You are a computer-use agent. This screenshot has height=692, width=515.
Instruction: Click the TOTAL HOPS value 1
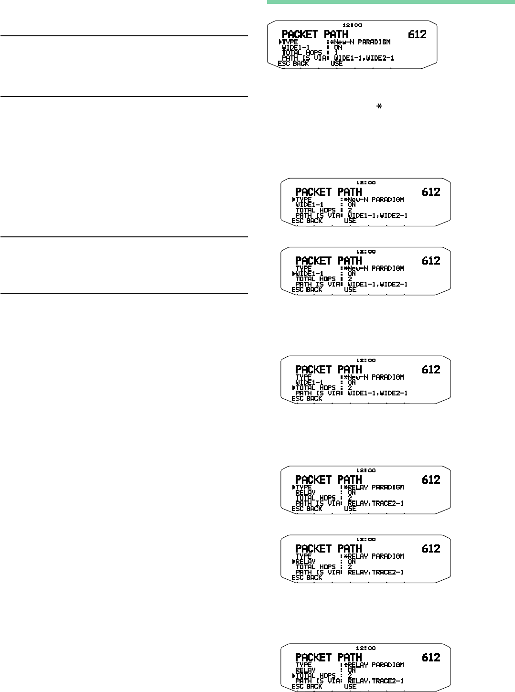336,53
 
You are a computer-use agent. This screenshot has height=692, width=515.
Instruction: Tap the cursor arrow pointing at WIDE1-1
293,274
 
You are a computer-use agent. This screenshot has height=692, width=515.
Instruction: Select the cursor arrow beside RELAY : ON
293,562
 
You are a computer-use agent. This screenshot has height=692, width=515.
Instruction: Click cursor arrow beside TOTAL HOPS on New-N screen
293,388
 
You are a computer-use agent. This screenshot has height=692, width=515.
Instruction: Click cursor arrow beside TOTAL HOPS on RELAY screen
293,676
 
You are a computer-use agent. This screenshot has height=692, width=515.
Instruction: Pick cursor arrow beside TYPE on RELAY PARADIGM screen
293,487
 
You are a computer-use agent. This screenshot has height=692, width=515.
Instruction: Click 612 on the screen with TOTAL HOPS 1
417,34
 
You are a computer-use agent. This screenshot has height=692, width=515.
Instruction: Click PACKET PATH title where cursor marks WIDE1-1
329,261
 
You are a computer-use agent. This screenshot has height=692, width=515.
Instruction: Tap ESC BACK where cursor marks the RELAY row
307,577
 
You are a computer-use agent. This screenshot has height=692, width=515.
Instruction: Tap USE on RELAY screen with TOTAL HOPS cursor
350,686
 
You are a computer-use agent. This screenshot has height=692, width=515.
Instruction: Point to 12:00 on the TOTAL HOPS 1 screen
352,25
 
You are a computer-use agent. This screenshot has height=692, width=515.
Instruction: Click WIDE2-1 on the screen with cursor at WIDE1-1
393,284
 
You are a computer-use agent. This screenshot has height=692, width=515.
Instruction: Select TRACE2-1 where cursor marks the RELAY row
388,572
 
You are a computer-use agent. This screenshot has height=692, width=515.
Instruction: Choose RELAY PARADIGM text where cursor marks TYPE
376,487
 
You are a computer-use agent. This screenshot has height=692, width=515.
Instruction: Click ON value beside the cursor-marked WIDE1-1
352,274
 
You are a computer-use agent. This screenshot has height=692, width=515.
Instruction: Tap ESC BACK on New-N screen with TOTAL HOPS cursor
307,398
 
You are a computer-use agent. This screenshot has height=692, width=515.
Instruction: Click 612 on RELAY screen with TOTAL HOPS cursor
430,657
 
